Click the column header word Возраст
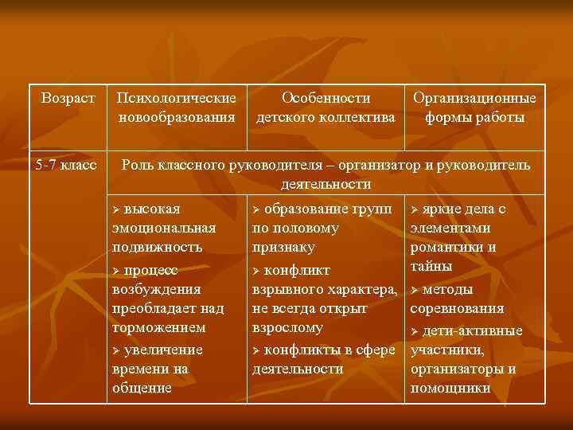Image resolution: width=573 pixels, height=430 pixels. (68, 99)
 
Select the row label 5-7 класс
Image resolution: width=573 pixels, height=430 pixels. (68, 166)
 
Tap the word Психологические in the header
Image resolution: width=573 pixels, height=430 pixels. (177, 99)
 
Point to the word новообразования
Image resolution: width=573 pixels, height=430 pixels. (177, 118)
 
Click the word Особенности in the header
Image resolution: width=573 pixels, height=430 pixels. (326, 99)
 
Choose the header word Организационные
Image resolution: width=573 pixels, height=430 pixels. (474, 99)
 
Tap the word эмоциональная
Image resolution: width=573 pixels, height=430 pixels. (164, 229)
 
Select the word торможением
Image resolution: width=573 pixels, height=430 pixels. (159, 327)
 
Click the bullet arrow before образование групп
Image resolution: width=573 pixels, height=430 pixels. (256, 210)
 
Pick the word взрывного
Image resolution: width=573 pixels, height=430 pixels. (284, 289)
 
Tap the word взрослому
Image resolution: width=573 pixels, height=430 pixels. (287, 327)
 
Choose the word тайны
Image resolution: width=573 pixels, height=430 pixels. (431, 266)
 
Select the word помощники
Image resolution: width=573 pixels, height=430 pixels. (450, 388)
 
